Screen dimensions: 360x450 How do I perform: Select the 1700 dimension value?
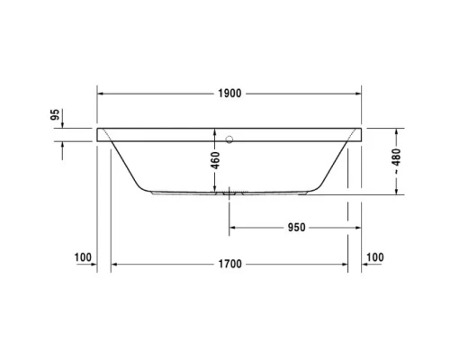coord(229,265)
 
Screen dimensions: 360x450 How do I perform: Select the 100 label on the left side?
coord(84,258)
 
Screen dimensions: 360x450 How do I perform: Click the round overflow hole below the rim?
coord(231,139)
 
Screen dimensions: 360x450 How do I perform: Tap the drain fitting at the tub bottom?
coord(231,192)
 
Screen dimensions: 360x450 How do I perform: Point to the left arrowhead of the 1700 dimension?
coord(114,265)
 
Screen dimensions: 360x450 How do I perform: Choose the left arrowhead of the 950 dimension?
coord(234,227)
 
